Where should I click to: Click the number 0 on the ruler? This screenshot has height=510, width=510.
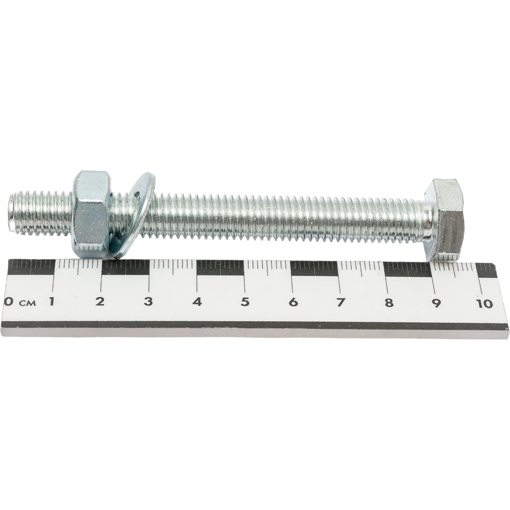[9, 301]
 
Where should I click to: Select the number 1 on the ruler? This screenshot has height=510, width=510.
[52, 301]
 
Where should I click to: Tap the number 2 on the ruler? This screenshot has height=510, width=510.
[100, 301]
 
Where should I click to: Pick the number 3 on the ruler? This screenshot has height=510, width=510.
[148, 301]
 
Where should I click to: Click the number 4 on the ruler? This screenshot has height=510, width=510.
[197, 302]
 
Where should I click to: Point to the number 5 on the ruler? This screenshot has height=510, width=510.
[245, 302]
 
